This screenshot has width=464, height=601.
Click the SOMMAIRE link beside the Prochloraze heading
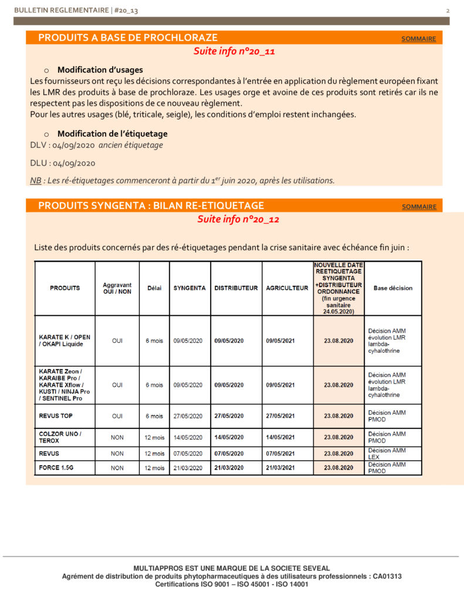tap(418, 39)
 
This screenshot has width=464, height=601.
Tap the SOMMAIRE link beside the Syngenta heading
tap(419, 207)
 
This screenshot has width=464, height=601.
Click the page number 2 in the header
tap(448, 11)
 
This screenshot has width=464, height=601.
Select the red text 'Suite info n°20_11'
tap(234, 51)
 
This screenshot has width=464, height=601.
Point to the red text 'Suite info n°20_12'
tap(238, 219)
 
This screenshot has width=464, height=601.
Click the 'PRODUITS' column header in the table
tap(65, 288)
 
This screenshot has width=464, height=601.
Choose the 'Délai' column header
tap(154, 288)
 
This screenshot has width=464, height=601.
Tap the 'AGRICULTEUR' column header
tap(287, 288)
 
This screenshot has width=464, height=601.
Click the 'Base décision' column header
tap(392, 288)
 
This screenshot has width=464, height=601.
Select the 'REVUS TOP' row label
tap(56, 416)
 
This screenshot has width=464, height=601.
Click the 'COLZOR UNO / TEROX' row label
tap(60, 437)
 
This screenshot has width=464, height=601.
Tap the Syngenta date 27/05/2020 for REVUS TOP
tap(188, 416)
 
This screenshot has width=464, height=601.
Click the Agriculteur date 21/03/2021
tap(280, 468)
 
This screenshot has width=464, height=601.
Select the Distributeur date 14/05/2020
tap(229, 437)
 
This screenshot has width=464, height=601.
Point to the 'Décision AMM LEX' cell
tap(387, 453)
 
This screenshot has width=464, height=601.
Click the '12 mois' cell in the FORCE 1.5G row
tap(154, 468)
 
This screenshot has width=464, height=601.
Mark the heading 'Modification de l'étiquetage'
tap(112, 134)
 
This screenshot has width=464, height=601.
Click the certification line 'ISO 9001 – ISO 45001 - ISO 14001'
tap(231, 584)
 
